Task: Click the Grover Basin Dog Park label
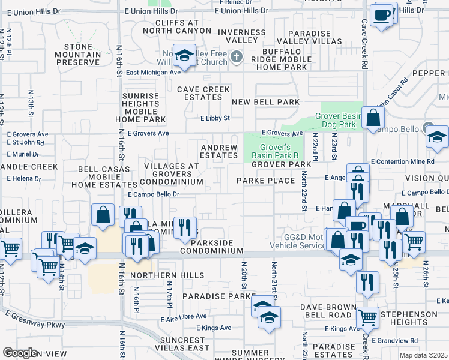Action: (x=336, y=119)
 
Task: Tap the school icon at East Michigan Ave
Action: (x=184, y=56)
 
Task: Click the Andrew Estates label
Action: (x=219, y=151)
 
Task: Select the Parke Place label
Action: (x=265, y=181)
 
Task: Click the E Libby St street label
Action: (x=215, y=118)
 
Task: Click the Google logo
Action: (x=19, y=353)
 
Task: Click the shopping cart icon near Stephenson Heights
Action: (x=367, y=317)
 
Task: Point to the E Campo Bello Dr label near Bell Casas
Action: (x=154, y=194)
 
